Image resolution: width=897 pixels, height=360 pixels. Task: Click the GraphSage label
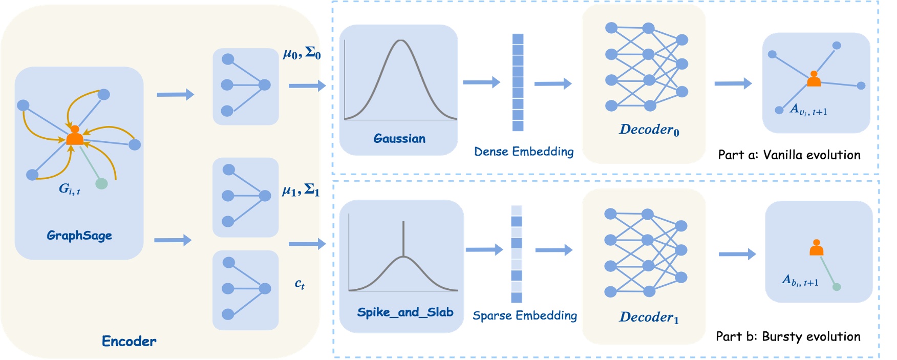point(79,236)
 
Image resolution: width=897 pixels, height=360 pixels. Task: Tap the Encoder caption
point(129,342)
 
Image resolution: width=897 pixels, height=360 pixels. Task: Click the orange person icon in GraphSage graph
point(75,136)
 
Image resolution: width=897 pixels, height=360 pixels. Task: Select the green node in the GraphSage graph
point(101,183)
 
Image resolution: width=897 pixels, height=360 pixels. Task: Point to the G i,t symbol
point(69,189)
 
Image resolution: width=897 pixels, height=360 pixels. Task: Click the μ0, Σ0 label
point(302,53)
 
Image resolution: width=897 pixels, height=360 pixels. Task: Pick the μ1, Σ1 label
point(301,191)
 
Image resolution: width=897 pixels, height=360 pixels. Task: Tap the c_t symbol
point(300,284)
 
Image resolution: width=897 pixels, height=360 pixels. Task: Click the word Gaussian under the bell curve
point(399,139)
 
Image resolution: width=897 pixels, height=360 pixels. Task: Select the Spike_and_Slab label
point(405,312)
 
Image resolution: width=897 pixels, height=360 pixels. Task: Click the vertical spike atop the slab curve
point(403,238)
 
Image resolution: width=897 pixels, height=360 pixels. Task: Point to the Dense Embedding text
point(523,152)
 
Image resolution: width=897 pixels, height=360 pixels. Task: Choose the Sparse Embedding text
point(524,315)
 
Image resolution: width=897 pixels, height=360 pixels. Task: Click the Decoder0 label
point(649,130)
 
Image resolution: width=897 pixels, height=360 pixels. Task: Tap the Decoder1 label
point(649,317)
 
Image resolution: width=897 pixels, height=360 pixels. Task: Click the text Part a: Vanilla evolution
point(789,155)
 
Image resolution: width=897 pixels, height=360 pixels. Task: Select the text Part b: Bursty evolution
point(788,337)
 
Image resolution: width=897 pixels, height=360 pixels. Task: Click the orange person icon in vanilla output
point(814,79)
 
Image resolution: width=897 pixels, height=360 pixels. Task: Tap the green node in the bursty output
point(837,287)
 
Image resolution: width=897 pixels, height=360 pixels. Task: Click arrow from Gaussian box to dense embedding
point(481,82)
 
